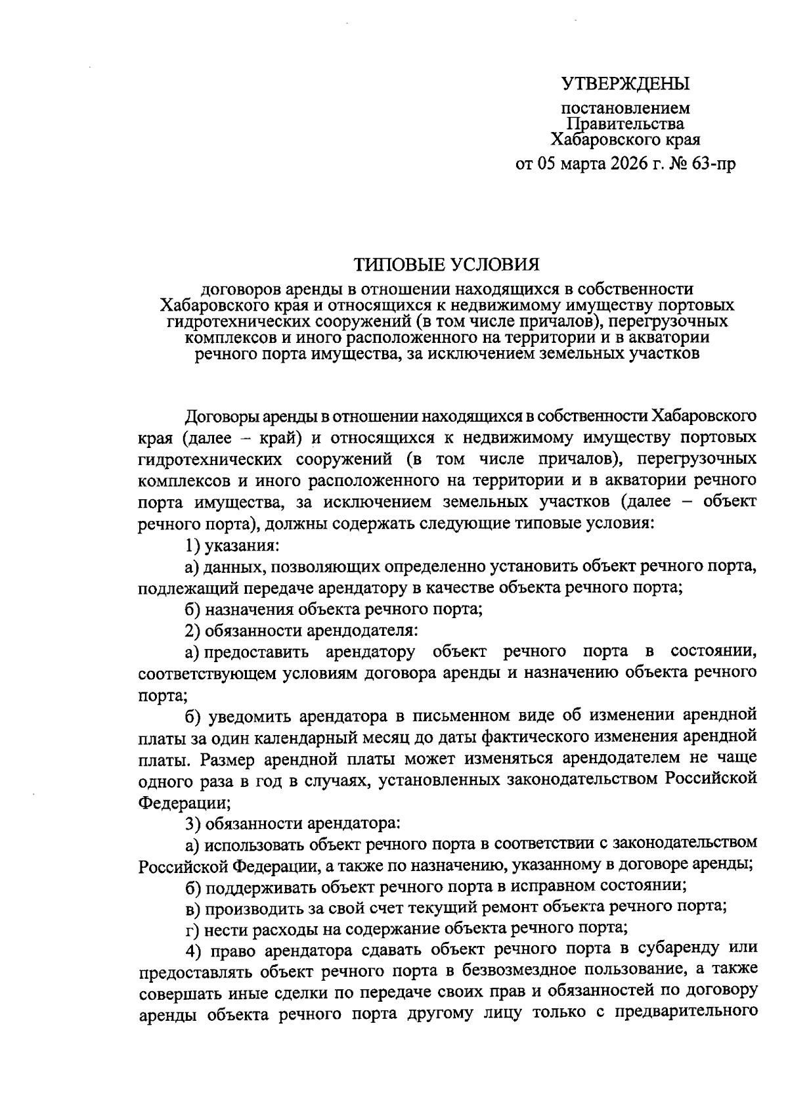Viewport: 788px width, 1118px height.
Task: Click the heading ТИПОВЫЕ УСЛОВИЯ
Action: click(x=447, y=265)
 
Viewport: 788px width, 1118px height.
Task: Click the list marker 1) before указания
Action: click(x=193, y=545)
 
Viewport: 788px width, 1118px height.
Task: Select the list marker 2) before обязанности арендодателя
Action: click(x=193, y=631)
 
